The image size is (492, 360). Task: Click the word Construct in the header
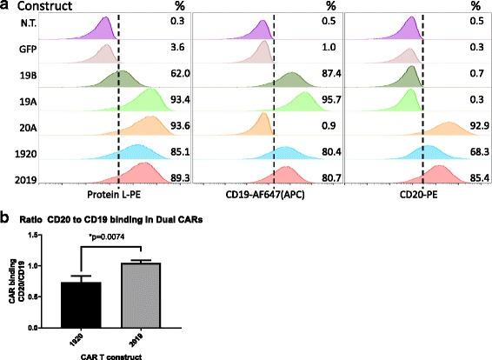[x=44, y=6]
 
